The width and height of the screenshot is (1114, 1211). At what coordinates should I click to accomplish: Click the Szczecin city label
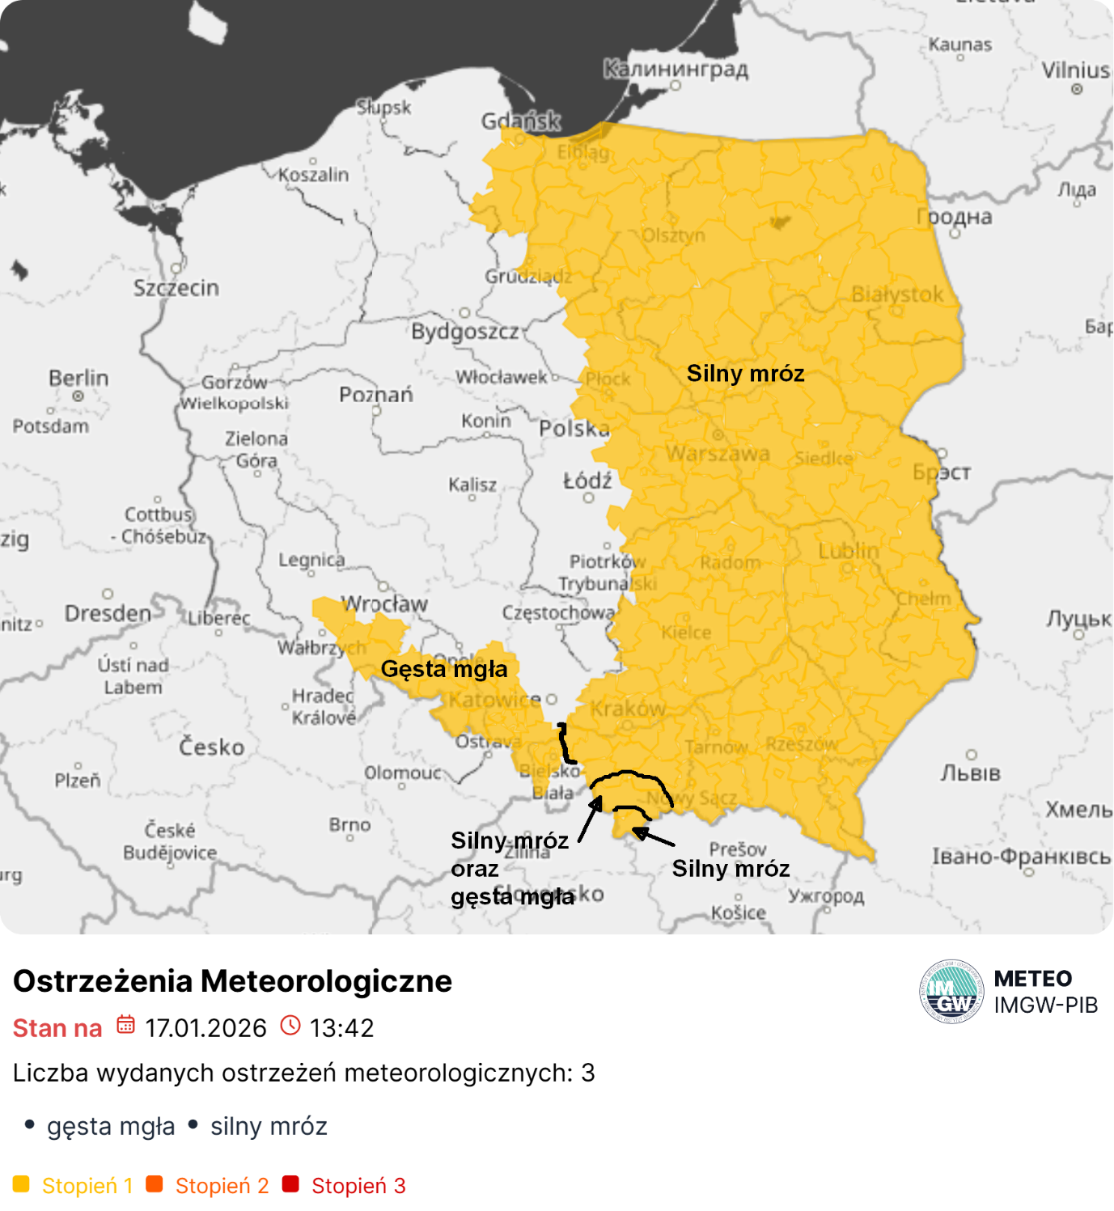pyautogui.click(x=176, y=288)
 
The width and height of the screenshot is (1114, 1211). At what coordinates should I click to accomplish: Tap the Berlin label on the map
pyautogui.click(x=78, y=378)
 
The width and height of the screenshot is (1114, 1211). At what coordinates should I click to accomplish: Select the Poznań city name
pyautogui.click(x=375, y=395)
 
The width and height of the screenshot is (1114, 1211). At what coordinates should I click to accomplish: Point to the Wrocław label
pyautogui.click(x=384, y=604)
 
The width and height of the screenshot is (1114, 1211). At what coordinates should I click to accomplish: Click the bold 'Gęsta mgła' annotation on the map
pyautogui.click(x=444, y=669)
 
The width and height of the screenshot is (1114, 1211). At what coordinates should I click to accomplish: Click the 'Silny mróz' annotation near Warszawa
pyautogui.click(x=745, y=373)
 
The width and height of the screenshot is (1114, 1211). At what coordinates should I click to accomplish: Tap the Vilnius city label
pyautogui.click(x=1075, y=70)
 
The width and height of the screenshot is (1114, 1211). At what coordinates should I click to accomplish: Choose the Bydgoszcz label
pyautogui.click(x=464, y=332)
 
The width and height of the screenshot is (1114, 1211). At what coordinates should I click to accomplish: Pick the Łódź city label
pyautogui.click(x=587, y=481)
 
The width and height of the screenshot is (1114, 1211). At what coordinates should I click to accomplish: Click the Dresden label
pyautogui.click(x=108, y=613)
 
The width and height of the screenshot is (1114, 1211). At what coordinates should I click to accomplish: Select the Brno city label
pyautogui.click(x=349, y=824)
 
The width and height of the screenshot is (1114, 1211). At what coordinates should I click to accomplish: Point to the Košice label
pyautogui.click(x=738, y=912)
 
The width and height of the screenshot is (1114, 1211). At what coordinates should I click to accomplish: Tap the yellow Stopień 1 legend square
pyautogui.click(x=22, y=1184)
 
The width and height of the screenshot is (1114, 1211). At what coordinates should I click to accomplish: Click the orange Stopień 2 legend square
pyautogui.click(x=155, y=1184)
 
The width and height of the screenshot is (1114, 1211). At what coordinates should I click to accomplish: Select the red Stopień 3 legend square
pyautogui.click(x=290, y=1184)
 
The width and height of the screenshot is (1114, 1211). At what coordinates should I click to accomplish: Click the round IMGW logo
pyautogui.click(x=951, y=992)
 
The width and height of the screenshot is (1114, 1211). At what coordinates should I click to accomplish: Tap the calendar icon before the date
pyautogui.click(x=125, y=1025)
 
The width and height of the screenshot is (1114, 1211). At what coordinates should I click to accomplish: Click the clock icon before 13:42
pyautogui.click(x=290, y=1025)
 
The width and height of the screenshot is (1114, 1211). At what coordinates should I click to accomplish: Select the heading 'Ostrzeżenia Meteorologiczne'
pyautogui.click(x=233, y=980)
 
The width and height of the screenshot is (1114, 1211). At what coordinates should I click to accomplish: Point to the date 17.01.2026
pyautogui.click(x=205, y=1028)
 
